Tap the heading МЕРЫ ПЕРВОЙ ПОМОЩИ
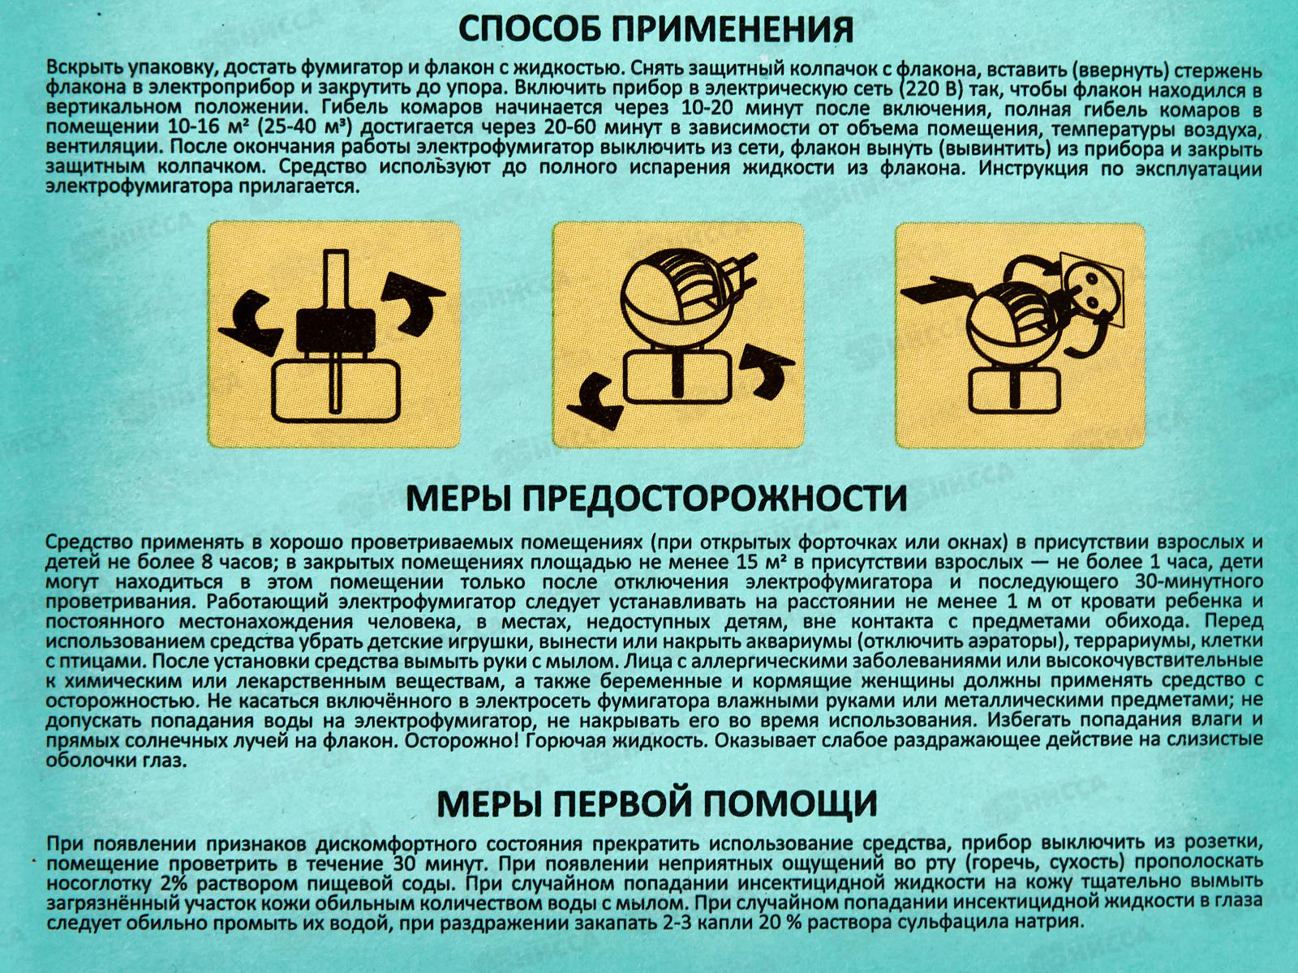coord(657,804)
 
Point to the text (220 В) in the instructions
coord(933,88)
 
